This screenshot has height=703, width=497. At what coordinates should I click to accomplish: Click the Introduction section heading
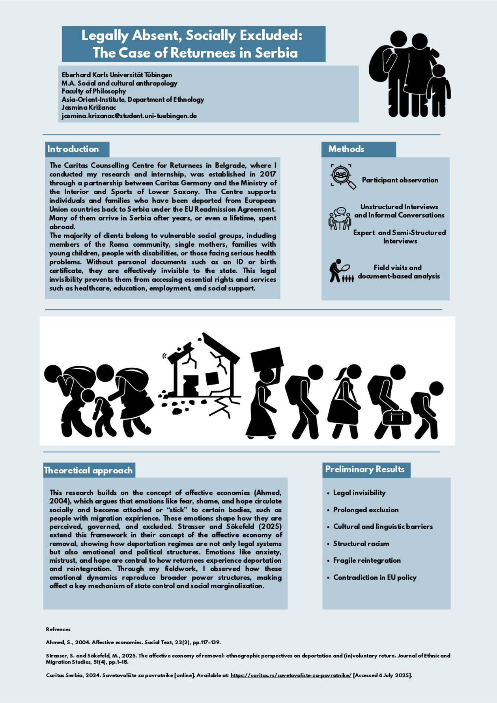tap(73, 149)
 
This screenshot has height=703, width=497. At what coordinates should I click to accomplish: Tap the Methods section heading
tap(346, 149)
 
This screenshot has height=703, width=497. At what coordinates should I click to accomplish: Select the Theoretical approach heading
tap(88, 470)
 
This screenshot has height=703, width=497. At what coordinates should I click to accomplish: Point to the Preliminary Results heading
tap(365, 469)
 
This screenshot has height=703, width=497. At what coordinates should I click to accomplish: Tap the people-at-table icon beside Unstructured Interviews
tap(340, 219)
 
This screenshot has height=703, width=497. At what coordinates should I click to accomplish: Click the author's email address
tap(129, 116)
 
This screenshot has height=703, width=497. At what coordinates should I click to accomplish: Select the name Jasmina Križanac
tap(89, 108)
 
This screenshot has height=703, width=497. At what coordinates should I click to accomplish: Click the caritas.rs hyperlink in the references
tap(291, 675)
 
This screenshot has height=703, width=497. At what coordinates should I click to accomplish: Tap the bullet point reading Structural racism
tap(361, 543)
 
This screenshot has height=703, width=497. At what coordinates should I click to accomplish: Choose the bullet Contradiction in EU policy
tap(375, 577)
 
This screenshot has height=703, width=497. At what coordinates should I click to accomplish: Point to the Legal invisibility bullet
tap(359, 493)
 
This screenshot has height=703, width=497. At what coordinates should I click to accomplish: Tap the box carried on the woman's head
tap(267, 359)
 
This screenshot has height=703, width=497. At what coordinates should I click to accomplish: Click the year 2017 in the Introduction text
tap(268, 174)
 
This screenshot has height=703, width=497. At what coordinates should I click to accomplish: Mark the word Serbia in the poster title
tap(276, 53)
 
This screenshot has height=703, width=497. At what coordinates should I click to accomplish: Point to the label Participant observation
tap(400, 180)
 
